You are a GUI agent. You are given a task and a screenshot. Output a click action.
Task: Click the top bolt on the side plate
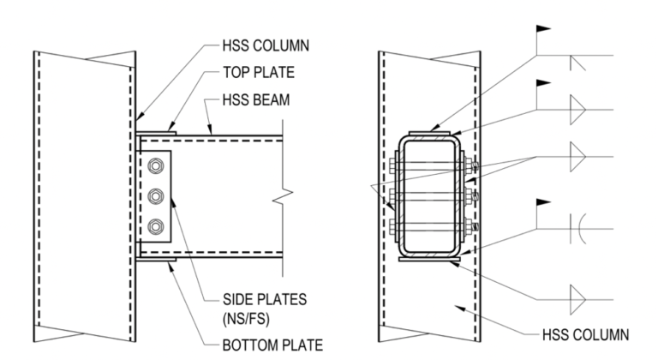tap(155, 166)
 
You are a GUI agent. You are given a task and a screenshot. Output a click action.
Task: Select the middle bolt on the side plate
tap(155, 197)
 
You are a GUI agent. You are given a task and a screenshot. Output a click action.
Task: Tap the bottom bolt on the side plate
tap(155, 227)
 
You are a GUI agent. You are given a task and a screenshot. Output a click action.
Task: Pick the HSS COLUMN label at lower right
tap(588, 332)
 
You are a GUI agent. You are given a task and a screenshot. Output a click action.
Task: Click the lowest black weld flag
tap(542, 202)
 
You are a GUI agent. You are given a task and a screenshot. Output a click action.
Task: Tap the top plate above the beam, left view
tap(155, 131)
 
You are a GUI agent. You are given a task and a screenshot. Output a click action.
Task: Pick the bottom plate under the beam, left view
tap(155, 260)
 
